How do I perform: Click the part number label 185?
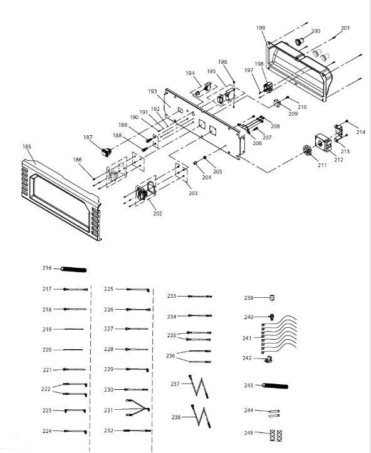coord(26,146)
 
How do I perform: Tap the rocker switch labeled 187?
coord(106,151)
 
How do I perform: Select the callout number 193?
coord(152,91)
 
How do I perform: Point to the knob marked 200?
coord(299,41)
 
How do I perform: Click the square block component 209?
coord(278,103)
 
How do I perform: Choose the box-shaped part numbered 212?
coord(323,143)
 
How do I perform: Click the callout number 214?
coord(360,132)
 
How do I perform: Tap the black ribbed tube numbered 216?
coord(73,270)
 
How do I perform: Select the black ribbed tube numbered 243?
coord(275,385)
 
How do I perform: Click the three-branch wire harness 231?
coord(138,408)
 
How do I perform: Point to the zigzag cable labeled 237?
coord(199,387)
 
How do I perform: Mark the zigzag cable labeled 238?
coord(201,416)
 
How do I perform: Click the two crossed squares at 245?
coord(276,435)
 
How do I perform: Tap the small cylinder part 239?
coord(272,298)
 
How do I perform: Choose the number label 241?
coord(247,338)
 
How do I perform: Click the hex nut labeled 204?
coord(196,163)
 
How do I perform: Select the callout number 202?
coord(157,213)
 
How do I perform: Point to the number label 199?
coord(261,28)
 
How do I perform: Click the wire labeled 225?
coord(138,290)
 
